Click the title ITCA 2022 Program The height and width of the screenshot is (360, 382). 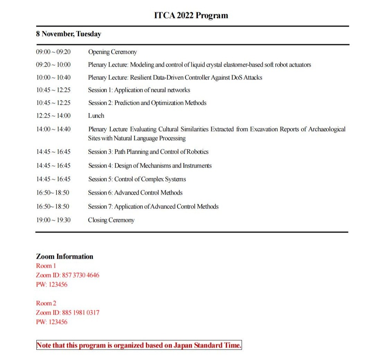coord(191,16)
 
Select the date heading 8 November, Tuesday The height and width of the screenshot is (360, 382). coord(68,34)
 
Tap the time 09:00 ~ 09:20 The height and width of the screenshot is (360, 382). coord(53,52)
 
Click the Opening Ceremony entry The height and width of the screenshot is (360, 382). coord(112,52)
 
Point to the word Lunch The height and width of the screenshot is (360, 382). coord(96,115)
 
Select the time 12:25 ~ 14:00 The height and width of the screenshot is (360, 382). coord(53,115)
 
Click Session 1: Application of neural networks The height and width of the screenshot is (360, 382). coord(139,90)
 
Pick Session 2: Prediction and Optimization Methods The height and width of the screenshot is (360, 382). coord(147,103)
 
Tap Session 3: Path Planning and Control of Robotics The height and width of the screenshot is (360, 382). coord(148,152)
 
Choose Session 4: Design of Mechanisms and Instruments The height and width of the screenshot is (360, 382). coord(150,165)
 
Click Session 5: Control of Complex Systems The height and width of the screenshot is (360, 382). coord(137,179)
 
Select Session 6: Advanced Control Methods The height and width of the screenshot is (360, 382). coord(135,192)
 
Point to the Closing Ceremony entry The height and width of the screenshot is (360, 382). coord(111,220)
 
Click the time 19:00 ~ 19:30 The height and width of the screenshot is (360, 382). coord(53,220)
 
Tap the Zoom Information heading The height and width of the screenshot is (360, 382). coord(64,257)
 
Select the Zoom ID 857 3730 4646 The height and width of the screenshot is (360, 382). coord(80,275)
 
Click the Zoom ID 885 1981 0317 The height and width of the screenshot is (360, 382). coord(80,312)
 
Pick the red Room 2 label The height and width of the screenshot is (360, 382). coord(46,303)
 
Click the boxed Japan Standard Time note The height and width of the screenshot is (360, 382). coord(139,345)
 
